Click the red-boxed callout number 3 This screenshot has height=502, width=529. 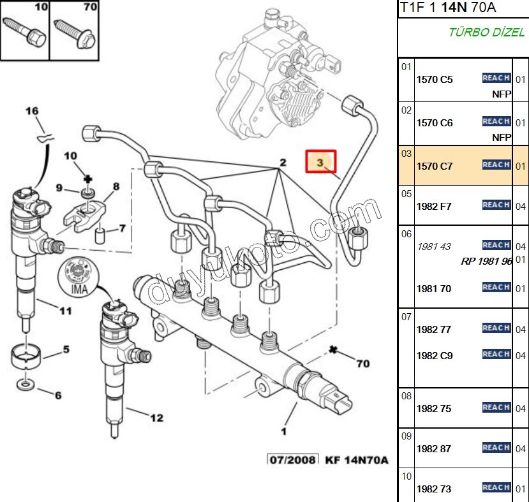(320, 163)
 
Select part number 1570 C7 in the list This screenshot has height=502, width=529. (434, 166)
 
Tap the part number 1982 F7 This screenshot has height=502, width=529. (434, 207)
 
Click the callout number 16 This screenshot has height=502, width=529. (32, 111)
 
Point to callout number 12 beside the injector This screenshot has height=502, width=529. (156, 418)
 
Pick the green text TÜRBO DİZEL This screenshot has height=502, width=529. (486, 33)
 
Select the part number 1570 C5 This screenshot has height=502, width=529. (434, 80)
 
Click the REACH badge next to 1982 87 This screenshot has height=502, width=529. (496, 448)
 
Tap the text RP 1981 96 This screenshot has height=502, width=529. (486, 261)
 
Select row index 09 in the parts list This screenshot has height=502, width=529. (406, 437)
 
